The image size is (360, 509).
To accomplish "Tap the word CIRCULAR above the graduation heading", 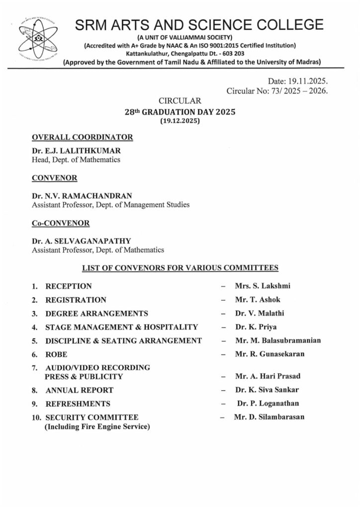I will tap(180, 101).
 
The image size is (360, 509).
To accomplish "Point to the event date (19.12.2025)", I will tap(180, 121).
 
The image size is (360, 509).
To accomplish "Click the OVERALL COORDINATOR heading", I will tap(82, 137).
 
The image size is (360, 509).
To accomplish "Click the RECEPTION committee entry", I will tap(69, 286).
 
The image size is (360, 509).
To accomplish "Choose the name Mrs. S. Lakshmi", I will tap(263, 286).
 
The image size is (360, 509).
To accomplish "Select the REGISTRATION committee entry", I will tap(76, 300).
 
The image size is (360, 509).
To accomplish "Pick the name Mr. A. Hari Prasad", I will tap(268, 376).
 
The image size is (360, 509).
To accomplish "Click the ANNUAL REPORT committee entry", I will tap(79, 390).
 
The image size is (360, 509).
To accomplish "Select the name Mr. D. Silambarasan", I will tap(269, 417).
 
